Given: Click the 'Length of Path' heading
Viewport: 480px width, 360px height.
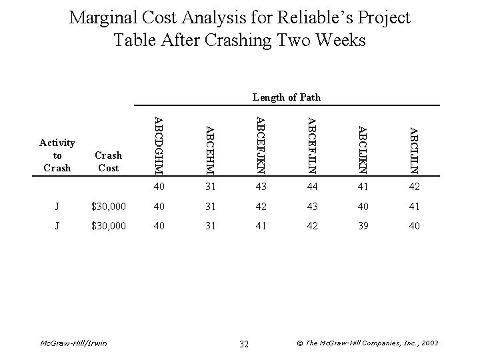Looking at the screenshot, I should [x=287, y=97].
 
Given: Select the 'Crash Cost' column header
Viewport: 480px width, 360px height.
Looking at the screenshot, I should [x=109, y=162].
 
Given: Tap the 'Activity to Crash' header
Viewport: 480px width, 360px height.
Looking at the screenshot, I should [x=57, y=155].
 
